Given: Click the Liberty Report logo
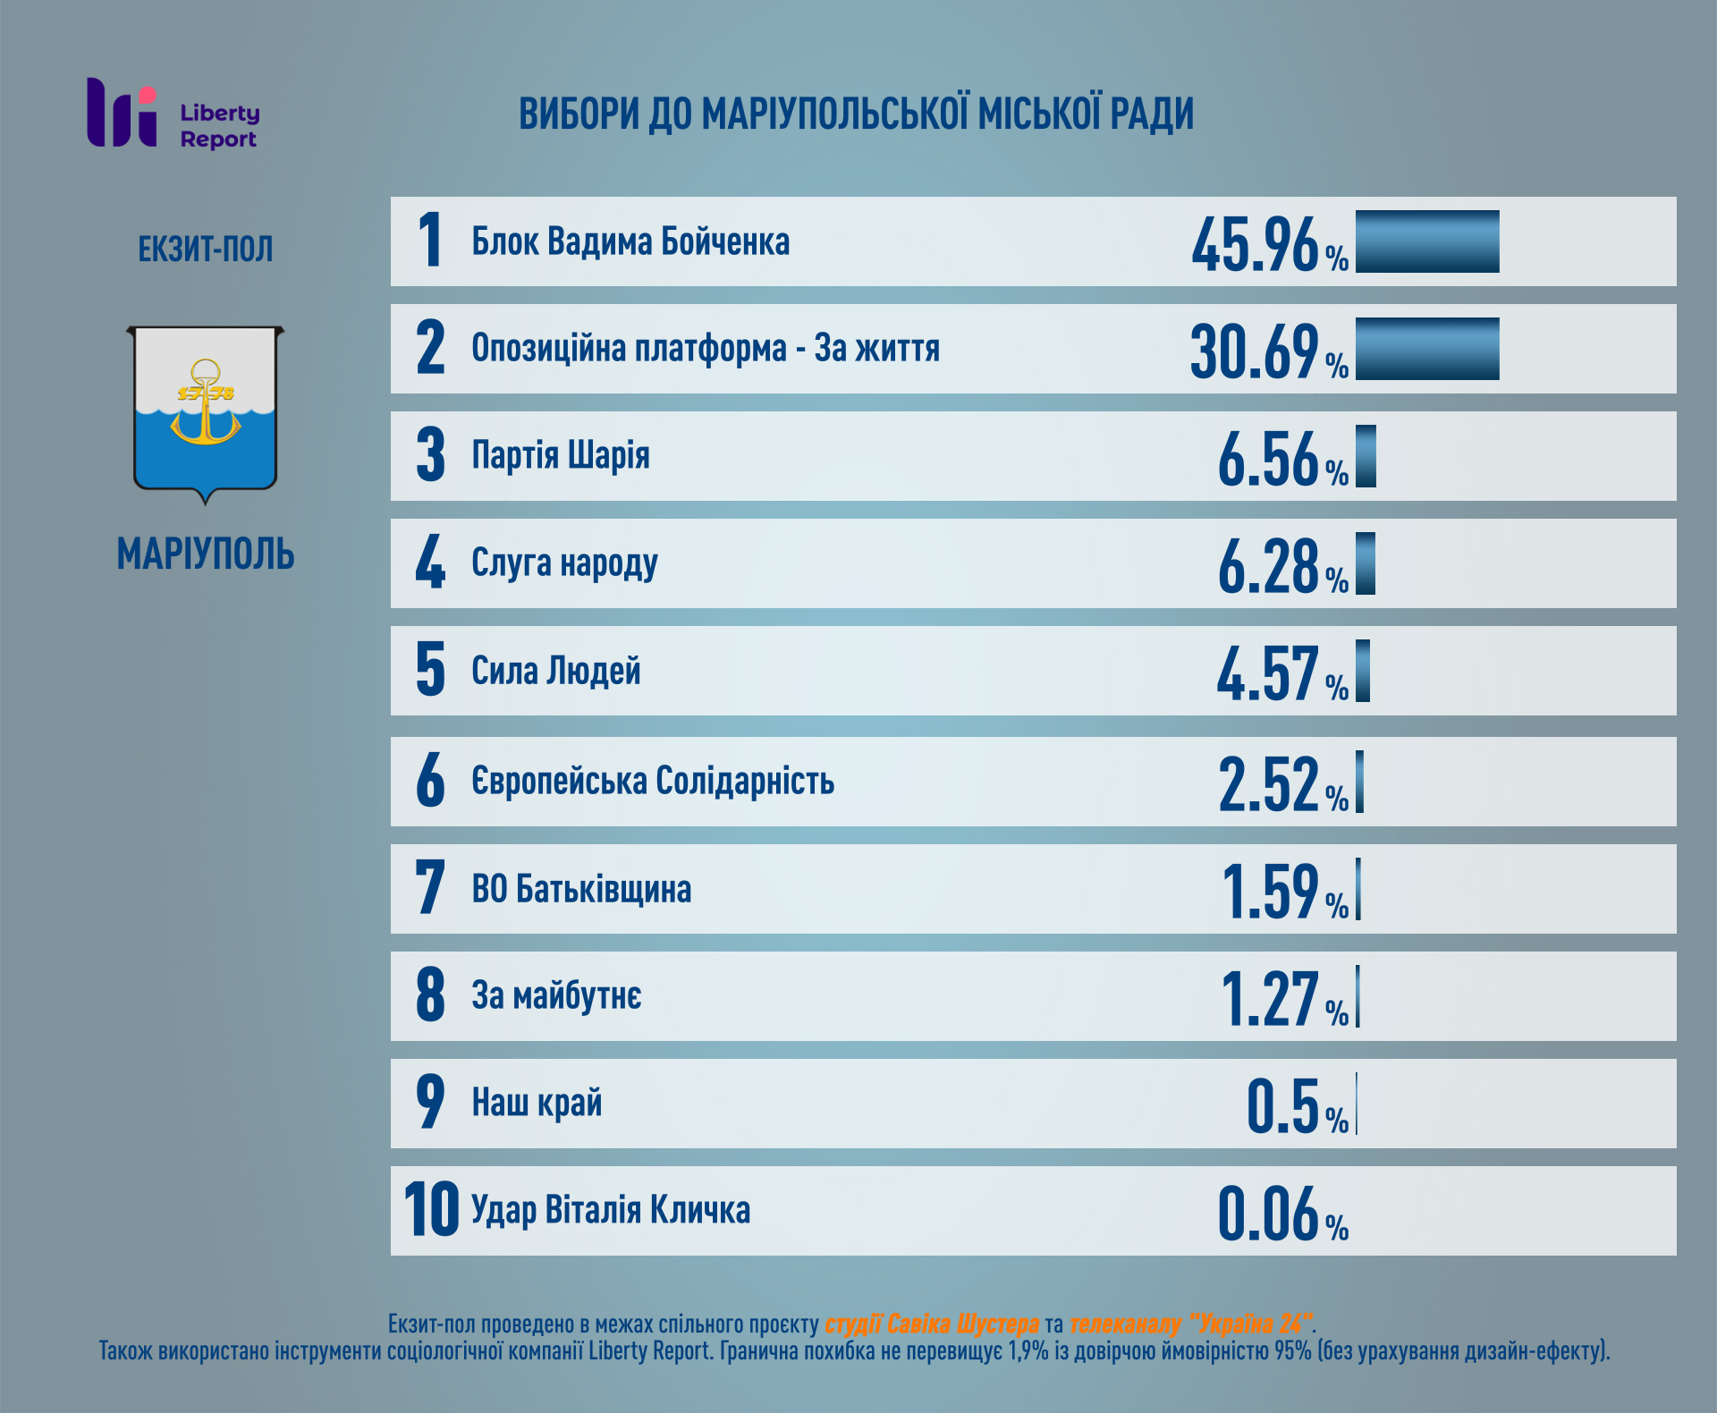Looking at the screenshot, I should click(172, 114).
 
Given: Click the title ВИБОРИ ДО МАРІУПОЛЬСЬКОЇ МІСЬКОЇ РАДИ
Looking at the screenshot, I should click(856, 114).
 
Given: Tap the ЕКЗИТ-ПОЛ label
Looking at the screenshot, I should click(205, 250).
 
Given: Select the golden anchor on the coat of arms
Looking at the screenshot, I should click(206, 402).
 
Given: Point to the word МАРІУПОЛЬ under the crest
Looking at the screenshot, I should click(205, 554).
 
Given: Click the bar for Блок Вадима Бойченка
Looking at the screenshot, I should click(1426, 241).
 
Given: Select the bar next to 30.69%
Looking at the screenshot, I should click(1426, 349).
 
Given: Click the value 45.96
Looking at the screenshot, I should click(1255, 244).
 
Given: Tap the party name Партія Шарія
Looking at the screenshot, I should click(560, 455).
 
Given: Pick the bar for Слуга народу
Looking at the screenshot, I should click(1365, 563).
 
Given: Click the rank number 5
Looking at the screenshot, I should click(430, 670).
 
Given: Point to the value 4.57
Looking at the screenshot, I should click(1267, 673).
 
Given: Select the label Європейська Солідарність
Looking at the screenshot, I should click(652, 781).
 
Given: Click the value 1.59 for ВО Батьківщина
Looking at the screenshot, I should click(1270, 891).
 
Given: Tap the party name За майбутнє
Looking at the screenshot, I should click(555, 996).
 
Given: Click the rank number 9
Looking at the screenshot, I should click(430, 1102).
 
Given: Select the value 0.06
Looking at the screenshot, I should click(1268, 1214).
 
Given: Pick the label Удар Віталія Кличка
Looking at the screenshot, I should click(610, 1210).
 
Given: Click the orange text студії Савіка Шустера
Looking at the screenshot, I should click(931, 1324).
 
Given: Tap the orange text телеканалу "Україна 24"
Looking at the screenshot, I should click(1190, 1324).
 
